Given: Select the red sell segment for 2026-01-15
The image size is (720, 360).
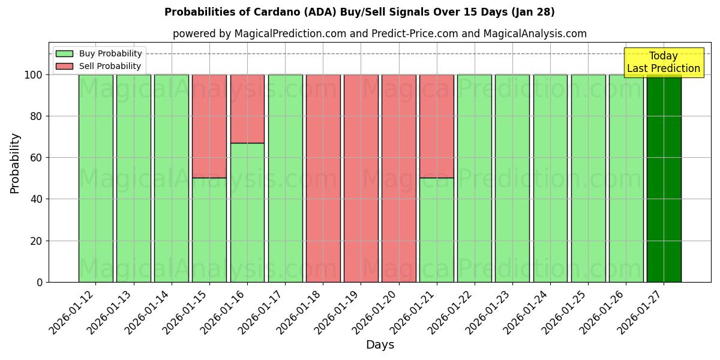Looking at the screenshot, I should click(209, 126).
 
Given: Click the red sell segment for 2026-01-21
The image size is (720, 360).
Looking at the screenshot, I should click(436, 126).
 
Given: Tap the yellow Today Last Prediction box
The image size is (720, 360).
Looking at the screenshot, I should click(663, 62).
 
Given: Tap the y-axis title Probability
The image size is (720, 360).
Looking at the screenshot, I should click(15, 163).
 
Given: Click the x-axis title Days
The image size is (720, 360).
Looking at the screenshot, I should click(380, 345).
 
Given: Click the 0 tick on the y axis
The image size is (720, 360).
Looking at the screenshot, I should click(39, 282).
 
